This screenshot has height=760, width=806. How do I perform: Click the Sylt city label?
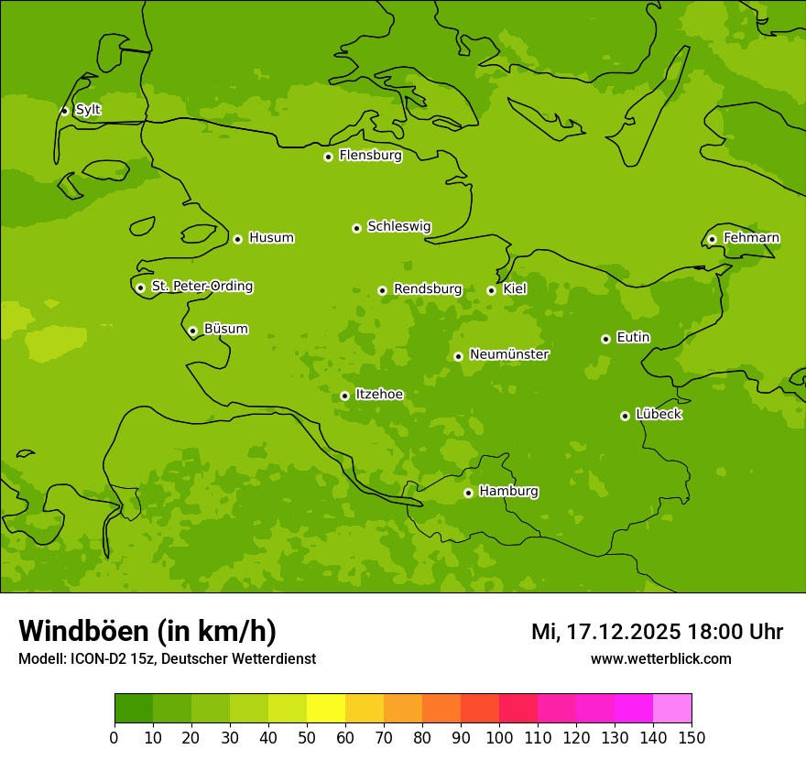click(x=88, y=110)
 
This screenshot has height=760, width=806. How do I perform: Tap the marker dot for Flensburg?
click(x=328, y=157)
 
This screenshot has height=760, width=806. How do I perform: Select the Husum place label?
click(x=271, y=238)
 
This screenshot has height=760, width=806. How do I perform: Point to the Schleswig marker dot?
click(x=356, y=228)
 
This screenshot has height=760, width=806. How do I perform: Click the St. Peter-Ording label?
click(x=201, y=287)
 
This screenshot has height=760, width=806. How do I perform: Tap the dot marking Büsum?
click(x=192, y=331)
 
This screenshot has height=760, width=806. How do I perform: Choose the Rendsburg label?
click(x=428, y=289)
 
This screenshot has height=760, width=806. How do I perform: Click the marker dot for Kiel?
click(x=491, y=290)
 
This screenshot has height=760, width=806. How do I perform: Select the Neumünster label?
click(x=508, y=354)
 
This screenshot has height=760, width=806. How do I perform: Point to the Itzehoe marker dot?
click(x=344, y=396)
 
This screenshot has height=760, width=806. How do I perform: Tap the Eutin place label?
click(x=633, y=338)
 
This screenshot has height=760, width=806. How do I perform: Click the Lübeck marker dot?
click(x=625, y=416)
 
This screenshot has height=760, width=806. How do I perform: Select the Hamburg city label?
click(x=508, y=492)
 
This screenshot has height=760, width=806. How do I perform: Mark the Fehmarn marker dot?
click(x=712, y=240)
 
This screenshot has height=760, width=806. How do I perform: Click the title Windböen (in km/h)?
click(x=147, y=631)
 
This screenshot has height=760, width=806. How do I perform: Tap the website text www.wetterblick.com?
click(x=660, y=658)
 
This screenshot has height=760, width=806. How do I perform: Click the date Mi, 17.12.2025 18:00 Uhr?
click(x=657, y=632)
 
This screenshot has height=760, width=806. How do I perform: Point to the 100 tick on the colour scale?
click(x=499, y=737)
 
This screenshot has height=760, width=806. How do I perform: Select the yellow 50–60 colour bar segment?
click(x=326, y=709)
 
